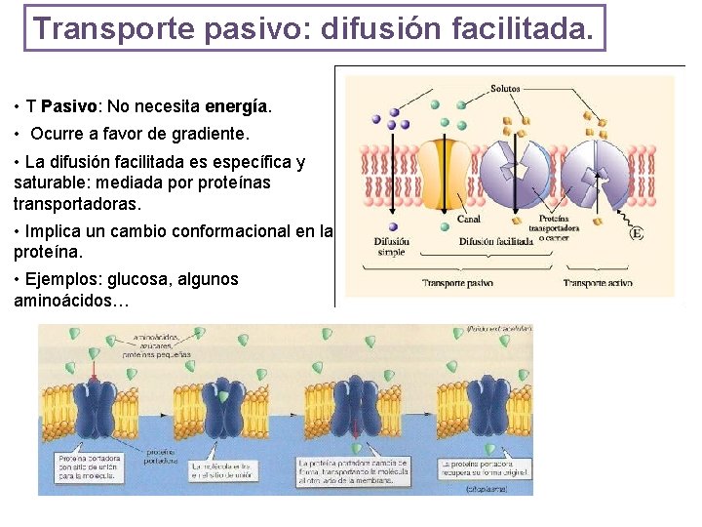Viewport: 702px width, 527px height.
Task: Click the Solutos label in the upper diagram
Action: coord(505,89)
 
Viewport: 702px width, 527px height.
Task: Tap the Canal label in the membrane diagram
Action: coord(469,219)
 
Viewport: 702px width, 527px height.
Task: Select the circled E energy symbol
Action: coord(637,233)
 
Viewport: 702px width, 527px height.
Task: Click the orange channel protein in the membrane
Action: coord(446,173)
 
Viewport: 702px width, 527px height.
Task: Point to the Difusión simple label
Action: coord(391,247)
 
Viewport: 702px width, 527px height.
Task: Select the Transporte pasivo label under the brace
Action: coord(457,283)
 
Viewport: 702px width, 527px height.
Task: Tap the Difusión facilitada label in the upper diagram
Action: coord(495,241)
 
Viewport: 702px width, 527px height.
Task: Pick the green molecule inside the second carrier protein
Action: coord(223,397)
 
